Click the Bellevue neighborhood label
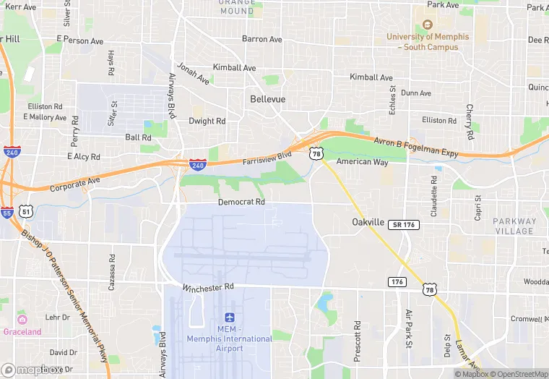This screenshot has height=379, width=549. click(267, 98)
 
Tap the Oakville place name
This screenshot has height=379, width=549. click(368, 222)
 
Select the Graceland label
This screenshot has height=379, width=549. click(22, 332)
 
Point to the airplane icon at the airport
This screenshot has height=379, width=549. click(230, 318)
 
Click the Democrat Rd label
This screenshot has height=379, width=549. click(241, 203)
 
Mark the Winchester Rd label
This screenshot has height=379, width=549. click(209, 287)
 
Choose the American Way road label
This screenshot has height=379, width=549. click(362, 162)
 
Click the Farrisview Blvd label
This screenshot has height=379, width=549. click(267, 158)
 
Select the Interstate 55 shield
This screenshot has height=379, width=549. click(7, 213)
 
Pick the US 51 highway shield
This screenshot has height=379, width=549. click(26, 211)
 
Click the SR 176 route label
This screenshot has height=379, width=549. click(402, 225)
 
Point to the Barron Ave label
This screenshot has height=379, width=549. click(261, 39)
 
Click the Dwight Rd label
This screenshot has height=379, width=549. click(207, 121)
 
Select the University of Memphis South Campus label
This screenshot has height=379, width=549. click(428, 41)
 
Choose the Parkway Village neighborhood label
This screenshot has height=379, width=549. click(514, 226)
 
